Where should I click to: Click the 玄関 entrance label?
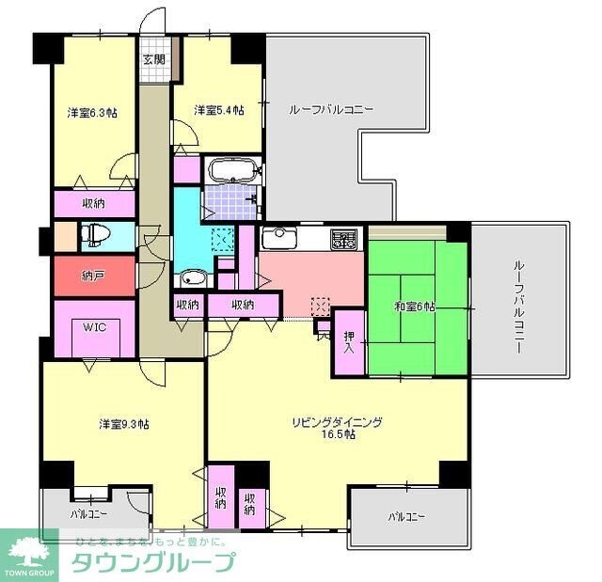click(x=153, y=60)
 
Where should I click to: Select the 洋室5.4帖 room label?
click(x=218, y=110)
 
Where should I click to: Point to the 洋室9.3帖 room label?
click(x=124, y=423)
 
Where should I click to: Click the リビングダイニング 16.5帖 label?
click(x=336, y=428)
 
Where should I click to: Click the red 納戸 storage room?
click(x=91, y=276)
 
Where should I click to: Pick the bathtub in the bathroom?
click(x=231, y=172)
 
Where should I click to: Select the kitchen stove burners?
click(x=342, y=240)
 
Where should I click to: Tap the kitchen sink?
click(x=278, y=236)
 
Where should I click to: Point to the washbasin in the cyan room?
click(x=194, y=278)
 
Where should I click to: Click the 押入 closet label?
click(x=349, y=342)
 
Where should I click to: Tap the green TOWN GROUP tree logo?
click(x=30, y=553)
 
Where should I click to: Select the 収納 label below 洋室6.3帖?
click(x=91, y=203)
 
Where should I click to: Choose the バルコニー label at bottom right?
click(x=406, y=517)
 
